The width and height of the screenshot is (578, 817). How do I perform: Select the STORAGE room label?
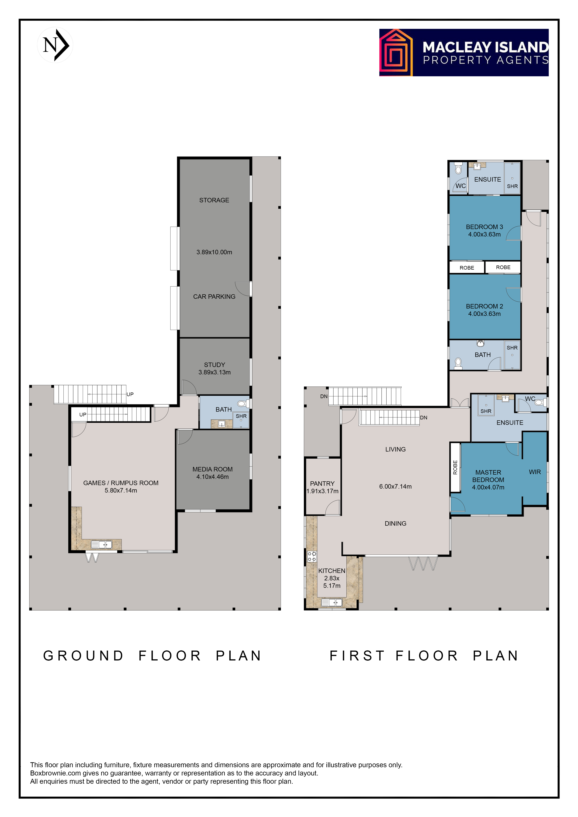[214, 200]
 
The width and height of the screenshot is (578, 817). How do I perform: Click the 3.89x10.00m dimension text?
[214, 252]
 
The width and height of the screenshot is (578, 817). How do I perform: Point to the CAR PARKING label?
[214, 297]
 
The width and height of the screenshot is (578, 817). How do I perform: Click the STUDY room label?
[215, 365]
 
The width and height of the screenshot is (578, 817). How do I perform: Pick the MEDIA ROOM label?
[213, 469]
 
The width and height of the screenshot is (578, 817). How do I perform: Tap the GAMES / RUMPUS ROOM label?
[121, 483]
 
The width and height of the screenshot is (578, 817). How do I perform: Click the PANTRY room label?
[322, 484]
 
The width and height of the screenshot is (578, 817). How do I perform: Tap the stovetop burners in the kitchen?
[312, 556]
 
